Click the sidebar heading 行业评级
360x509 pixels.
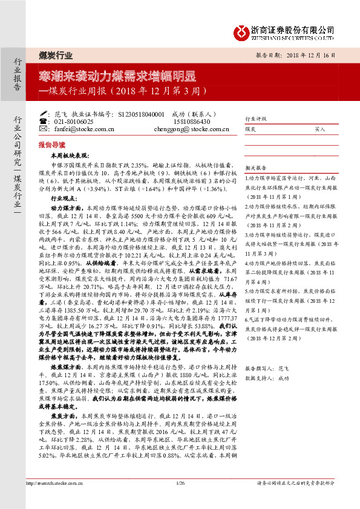255,119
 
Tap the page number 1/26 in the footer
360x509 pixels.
180,484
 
